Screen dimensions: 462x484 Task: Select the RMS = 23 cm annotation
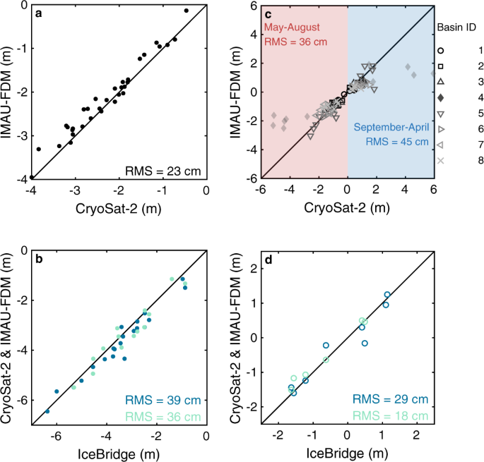(x=162, y=169)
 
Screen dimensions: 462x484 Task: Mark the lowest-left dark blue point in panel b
(x=47, y=411)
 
